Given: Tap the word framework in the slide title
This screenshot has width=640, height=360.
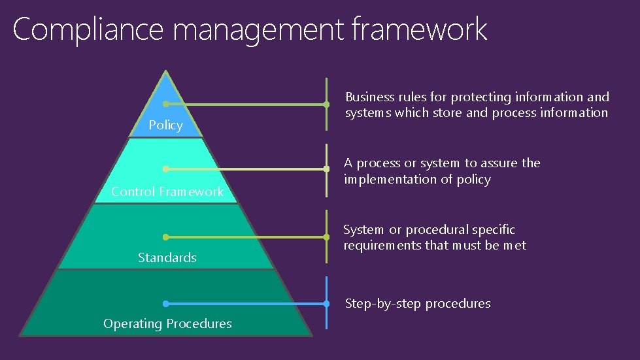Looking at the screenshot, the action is coord(419,30).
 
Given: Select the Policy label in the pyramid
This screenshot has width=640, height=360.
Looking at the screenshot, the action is coord(165,125).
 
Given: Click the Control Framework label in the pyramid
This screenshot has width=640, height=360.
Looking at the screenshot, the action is coord(167,191).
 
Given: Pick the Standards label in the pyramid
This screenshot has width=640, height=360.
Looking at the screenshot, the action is coord(167,257).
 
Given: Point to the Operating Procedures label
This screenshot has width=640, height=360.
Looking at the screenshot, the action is coord(167,323).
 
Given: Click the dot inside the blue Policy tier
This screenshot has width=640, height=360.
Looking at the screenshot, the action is coord(166,104).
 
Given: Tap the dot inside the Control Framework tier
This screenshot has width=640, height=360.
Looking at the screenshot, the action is coord(166,169).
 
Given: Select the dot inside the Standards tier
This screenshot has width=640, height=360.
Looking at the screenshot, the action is coord(166,237).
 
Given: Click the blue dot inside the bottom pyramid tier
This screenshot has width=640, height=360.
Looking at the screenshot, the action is coord(166,303).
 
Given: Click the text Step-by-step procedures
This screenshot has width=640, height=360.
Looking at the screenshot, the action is coord(418,303).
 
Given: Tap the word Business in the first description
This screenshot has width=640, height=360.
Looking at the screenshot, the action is coord(369,97).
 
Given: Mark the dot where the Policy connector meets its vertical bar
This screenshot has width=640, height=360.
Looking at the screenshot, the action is coord(326,104).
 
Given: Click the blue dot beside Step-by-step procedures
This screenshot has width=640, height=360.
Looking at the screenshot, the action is coord(326,303).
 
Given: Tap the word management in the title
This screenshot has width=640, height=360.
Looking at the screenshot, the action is coord(260,30).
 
